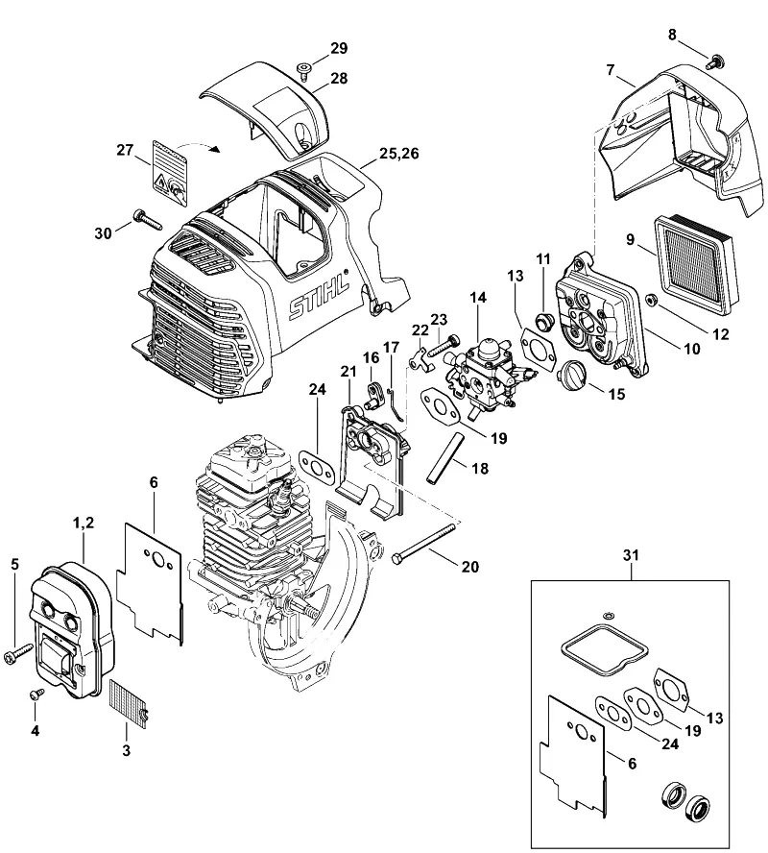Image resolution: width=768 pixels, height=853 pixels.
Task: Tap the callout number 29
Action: coord(339,48)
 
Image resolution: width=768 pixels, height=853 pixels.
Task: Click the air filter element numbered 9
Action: coord(697,266)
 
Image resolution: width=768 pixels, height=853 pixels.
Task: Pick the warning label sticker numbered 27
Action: coord(169,175)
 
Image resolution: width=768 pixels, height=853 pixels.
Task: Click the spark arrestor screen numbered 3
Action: coord(129,702)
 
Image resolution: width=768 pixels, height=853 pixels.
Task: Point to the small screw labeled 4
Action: coord(36,694)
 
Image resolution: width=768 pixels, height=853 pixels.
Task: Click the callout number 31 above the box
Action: coord(631,555)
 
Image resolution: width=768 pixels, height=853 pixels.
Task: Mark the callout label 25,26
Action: coord(399,154)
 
